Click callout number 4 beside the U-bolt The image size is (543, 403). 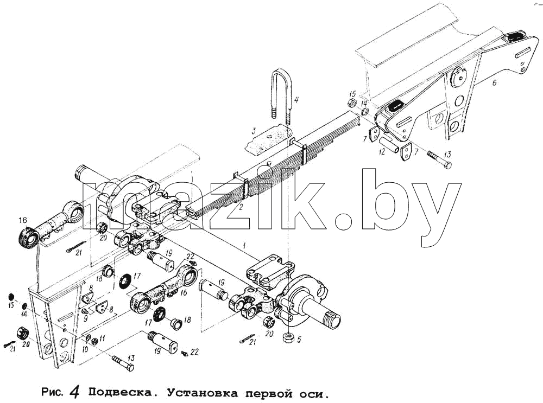point(296,100)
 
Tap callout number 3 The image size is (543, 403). point(254,131)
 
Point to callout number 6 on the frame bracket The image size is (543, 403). point(494,82)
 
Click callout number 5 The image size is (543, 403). point(299,340)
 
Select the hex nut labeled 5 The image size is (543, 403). point(288,337)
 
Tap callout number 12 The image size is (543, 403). point(382,151)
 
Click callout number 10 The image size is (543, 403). point(86,349)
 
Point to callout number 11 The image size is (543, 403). point(103,338)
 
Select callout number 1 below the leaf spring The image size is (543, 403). point(244,246)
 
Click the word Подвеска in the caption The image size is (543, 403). point(121,393)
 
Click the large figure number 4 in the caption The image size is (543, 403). point(75,392)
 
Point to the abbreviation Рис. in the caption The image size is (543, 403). point(52,393)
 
